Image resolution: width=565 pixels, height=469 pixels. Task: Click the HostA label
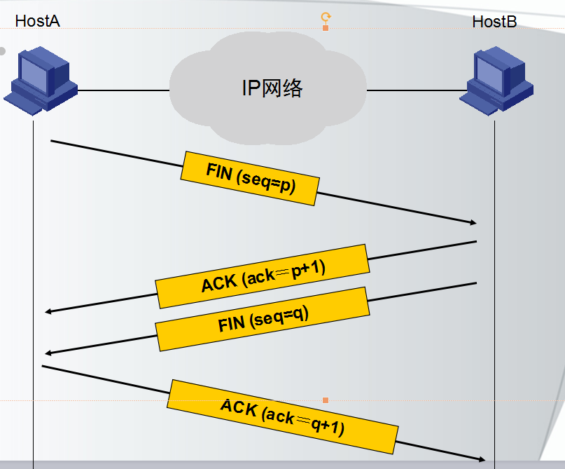point(38,21)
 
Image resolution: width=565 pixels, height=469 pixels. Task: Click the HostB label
point(494,22)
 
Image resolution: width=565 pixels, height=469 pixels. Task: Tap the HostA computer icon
point(41,81)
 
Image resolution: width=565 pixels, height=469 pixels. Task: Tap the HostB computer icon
point(496,81)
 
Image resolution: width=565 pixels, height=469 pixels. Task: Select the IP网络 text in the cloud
point(272,88)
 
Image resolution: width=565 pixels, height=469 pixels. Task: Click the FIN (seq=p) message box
point(250,179)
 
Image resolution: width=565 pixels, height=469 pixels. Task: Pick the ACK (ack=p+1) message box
point(263,276)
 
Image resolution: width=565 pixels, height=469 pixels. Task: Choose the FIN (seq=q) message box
point(263,319)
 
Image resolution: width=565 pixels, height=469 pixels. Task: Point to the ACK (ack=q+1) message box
point(283,416)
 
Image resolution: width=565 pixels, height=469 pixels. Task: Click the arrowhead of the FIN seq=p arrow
point(475,223)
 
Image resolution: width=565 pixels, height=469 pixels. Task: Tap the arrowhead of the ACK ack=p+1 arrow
point(47,311)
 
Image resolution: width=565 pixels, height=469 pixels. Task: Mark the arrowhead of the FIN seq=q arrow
point(47,353)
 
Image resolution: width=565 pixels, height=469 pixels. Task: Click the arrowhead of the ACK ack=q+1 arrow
point(483,459)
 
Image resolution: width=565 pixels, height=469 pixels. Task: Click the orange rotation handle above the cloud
point(326,17)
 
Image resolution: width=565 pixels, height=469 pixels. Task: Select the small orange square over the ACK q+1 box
point(326,400)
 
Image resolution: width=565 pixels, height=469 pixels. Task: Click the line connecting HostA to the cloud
point(124,90)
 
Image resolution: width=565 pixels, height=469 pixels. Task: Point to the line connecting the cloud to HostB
point(417,90)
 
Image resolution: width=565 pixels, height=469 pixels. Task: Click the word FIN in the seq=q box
point(231,323)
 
